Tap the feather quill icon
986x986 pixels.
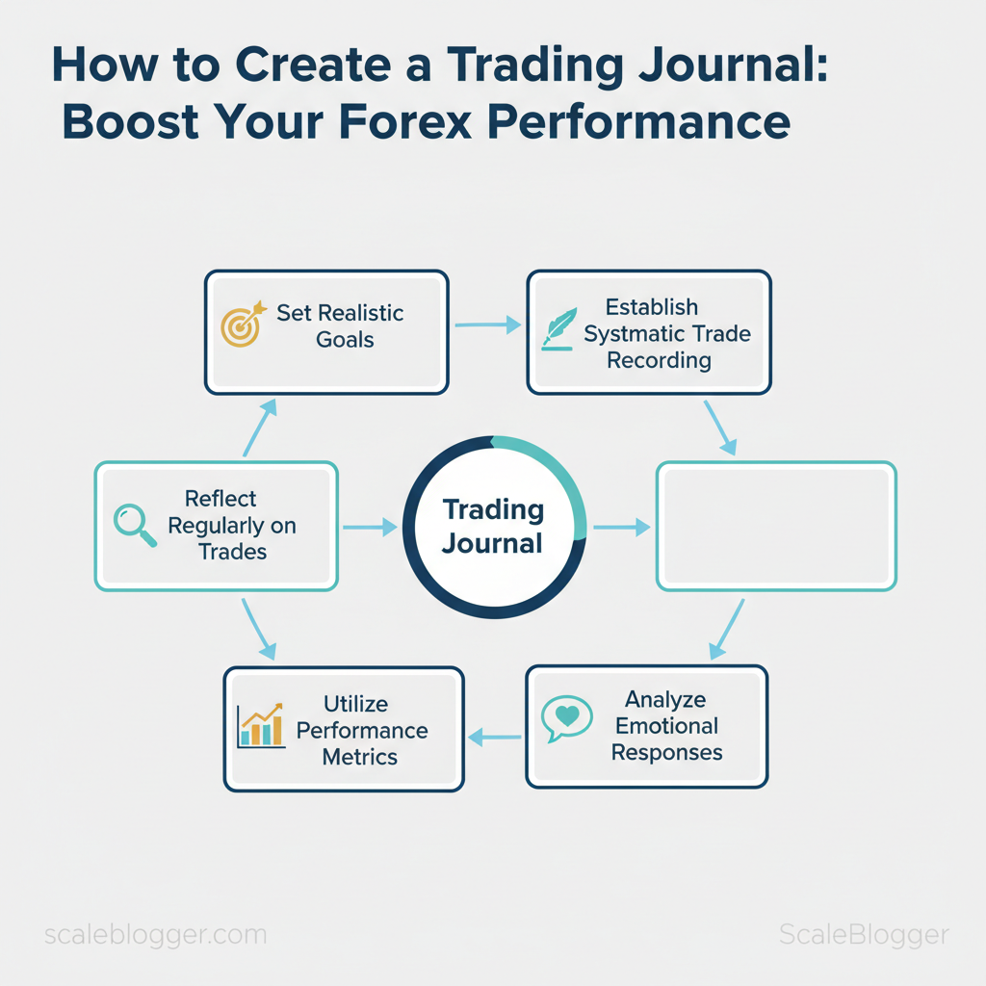tap(559, 329)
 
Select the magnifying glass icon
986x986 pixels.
tap(135, 525)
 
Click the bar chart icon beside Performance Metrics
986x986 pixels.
tap(261, 726)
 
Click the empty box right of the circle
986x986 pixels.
tap(776, 527)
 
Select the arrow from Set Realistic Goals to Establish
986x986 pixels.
tap(488, 325)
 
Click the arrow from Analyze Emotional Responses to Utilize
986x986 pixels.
tap(494, 737)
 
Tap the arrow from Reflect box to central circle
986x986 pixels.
tap(370, 527)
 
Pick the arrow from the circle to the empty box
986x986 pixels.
tap(622, 527)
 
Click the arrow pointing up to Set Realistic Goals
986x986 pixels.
tap(260, 428)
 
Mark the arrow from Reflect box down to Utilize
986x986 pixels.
tap(258, 629)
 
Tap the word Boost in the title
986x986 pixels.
tap(131, 121)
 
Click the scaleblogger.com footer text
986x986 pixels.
tap(155, 934)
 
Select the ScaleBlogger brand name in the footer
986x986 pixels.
tap(864, 934)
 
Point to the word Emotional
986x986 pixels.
tap(666, 726)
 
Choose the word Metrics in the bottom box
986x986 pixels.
tap(360, 757)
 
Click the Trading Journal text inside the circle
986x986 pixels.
tap(493, 527)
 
